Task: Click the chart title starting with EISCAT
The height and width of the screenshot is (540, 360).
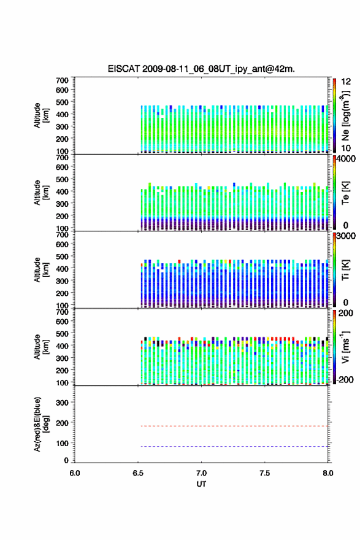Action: [201, 69]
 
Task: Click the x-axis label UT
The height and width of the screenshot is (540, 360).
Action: [201, 484]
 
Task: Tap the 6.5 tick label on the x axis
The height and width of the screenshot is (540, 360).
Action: [138, 473]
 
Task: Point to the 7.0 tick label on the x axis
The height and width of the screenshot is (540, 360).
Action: [201, 473]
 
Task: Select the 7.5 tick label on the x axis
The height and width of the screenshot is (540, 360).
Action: [265, 473]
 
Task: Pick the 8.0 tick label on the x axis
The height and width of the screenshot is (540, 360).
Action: [328, 473]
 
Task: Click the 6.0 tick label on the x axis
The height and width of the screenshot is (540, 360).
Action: [75, 473]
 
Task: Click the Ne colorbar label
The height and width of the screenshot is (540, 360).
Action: [345, 116]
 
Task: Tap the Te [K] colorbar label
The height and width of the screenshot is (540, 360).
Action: [345, 193]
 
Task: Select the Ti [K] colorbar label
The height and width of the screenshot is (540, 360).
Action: [345, 269]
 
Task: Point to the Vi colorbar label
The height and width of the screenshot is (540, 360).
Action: [345, 347]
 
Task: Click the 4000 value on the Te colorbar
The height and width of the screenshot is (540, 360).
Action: [346, 159]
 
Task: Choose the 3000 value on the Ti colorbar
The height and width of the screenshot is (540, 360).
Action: [346, 236]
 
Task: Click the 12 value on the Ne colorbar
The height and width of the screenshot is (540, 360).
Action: [346, 82]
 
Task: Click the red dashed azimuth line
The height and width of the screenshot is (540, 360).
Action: [233, 426]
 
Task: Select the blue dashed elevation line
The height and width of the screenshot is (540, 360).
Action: [233, 446]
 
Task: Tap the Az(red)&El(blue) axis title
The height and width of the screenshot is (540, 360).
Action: [41, 424]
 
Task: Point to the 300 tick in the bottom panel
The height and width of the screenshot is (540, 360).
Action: [62, 403]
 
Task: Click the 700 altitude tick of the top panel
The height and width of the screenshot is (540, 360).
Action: [62, 80]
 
